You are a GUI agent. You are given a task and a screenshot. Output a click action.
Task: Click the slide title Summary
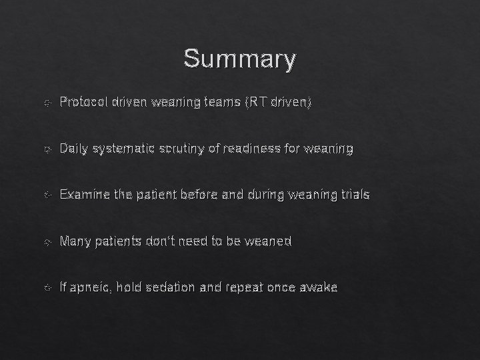(239, 59)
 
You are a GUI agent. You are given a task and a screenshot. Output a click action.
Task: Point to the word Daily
(73, 149)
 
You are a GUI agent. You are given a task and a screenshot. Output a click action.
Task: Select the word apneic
(91, 287)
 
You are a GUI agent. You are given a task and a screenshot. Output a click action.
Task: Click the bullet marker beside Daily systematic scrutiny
(45, 149)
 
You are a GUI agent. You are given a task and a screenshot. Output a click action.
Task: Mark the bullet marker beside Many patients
(45, 242)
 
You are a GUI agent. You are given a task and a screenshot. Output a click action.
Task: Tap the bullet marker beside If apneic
(45, 288)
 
